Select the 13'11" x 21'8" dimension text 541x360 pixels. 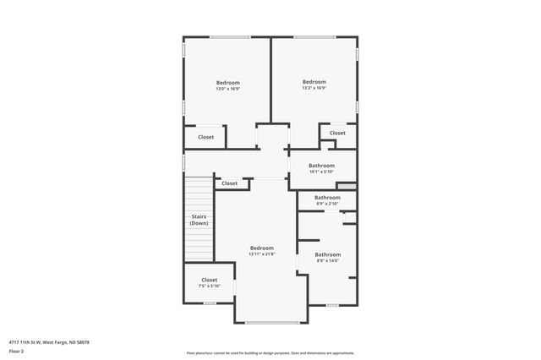(261, 254)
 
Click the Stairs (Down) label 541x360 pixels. (199, 220)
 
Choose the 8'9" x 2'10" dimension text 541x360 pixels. (327, 204)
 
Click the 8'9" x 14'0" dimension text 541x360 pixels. (327, 261)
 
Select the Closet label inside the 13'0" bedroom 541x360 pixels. (206, 137)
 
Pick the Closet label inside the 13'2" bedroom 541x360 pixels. (337, 133)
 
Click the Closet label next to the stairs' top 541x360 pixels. (230, 183)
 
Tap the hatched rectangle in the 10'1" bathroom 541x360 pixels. (347, 186)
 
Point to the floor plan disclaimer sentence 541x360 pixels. (270, 353)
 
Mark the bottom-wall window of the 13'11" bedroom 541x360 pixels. (270, 322)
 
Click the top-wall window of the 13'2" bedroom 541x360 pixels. (314, 36)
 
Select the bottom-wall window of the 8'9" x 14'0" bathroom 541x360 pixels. (332, 305)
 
